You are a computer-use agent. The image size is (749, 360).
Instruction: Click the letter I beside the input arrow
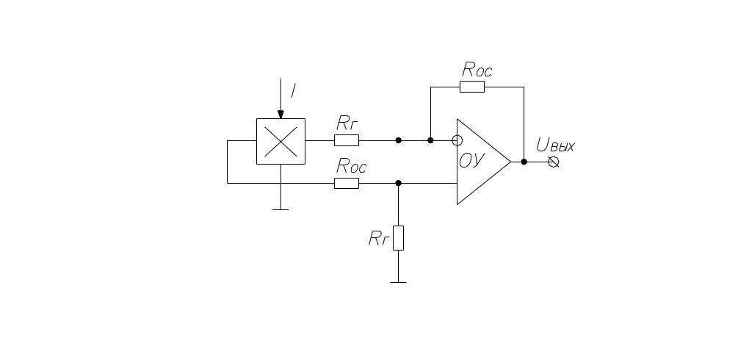pos(293,91)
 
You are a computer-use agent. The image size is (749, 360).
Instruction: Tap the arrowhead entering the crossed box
pos(281,115)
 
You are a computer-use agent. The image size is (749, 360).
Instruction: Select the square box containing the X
pos(281,142)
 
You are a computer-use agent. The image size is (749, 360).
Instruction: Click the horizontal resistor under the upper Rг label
pos(347,140)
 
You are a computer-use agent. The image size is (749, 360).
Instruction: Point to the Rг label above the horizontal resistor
pos(347,123)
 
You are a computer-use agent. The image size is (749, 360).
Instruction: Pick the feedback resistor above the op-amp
pos(472,87)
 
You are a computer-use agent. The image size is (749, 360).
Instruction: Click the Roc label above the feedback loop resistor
pos(477,70)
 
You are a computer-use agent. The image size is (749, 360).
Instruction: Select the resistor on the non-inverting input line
pos(347,183)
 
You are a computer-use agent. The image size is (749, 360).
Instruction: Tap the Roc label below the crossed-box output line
pos(352,166)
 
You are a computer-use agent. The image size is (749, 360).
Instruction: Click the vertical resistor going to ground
pos(399,238)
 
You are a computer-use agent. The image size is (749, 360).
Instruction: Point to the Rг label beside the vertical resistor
pos(379,238)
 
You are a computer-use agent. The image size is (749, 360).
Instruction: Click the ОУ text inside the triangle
pos(472,161)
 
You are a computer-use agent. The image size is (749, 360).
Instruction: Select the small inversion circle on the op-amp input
pos(457,140)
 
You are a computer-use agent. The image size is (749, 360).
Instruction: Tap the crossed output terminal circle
pos(553,162)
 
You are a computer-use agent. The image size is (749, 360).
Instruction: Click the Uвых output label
pos(556,145)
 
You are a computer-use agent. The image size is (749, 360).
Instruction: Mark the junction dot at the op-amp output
pos(524,162)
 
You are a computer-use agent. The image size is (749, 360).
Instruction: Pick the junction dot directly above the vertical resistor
pos(399,183)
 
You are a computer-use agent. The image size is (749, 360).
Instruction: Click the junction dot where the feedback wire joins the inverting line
pos(430,140)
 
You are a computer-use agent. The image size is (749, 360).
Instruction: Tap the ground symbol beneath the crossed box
pos(281,209)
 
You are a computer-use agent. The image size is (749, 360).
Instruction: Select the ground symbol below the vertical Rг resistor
pos(399,283)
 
